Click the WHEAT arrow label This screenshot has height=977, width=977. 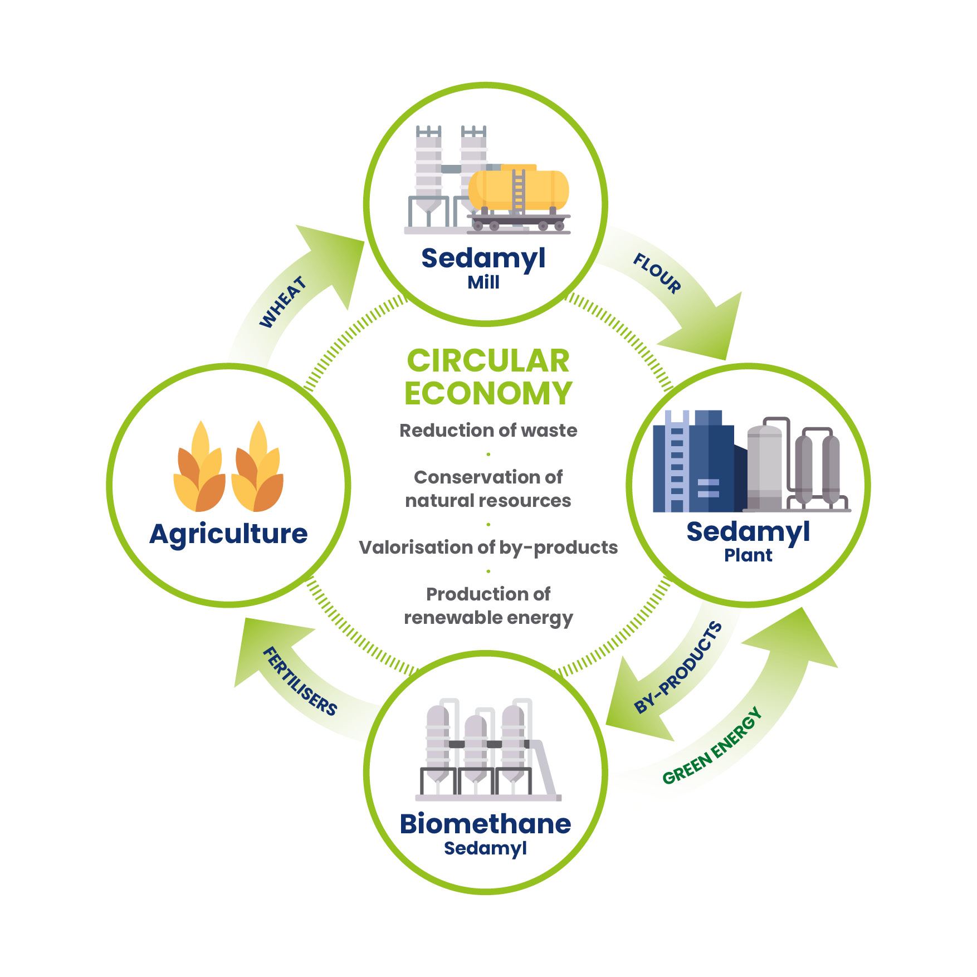tap(283, 302)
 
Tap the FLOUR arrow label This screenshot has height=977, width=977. tap(657, 273)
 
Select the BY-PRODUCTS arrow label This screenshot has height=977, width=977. tap(678, 667)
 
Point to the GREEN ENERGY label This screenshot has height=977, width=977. tap(712, 746)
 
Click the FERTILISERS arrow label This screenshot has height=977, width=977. tap(300, 681)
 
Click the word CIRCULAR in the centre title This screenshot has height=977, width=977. tap(488, 360)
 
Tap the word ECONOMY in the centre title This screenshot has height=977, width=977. tap(488, 393)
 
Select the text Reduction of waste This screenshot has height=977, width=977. tap(488, 431)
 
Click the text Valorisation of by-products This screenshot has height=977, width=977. tap(488, 548)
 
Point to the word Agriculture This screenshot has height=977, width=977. tap(228, 534)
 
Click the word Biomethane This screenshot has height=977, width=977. tap(485, 824)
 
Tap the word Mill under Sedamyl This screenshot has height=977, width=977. tap(483, 282)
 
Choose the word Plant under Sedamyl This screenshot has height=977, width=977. tap(748, 555)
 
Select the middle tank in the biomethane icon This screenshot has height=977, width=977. tap(476, 746)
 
